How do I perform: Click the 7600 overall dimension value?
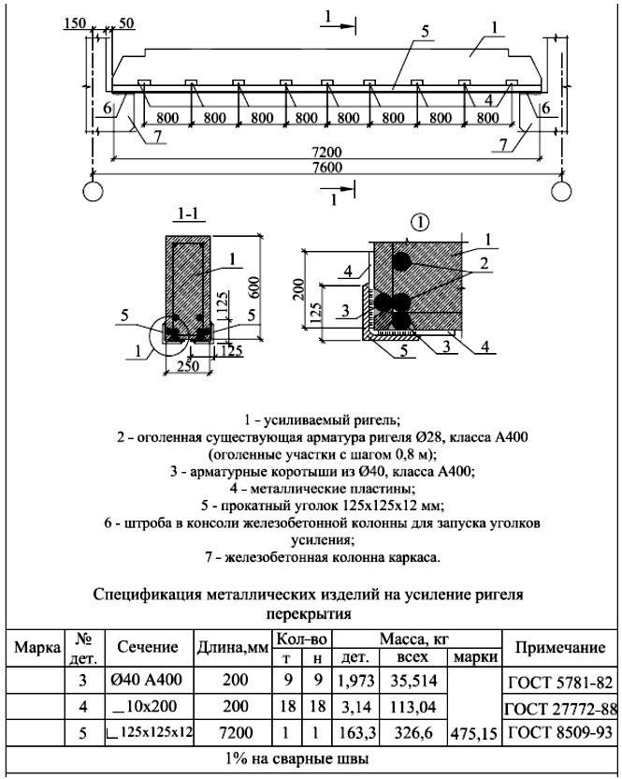(327, 167)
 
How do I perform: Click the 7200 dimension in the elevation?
(327, 152)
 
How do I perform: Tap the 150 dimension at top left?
(75, 23)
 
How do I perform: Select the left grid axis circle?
(93, 191)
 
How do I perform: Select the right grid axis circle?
(561, 191)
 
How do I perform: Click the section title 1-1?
(188, 214)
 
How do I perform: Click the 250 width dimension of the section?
(188, 366)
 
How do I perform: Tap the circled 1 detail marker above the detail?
(421, 224)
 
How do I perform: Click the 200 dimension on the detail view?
(298, 289)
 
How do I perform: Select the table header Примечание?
(560, 647)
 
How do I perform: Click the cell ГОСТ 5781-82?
(561, 683)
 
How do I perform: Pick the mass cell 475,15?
(475, 734)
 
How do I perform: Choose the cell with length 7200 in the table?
(236, 733)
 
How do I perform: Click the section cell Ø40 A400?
(146, 679)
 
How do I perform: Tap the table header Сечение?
(148, 646)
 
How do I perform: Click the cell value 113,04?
(413, 707)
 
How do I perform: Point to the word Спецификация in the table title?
(147, 595)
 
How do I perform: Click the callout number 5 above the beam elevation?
(425, 32)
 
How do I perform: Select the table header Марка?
(36, 647)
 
